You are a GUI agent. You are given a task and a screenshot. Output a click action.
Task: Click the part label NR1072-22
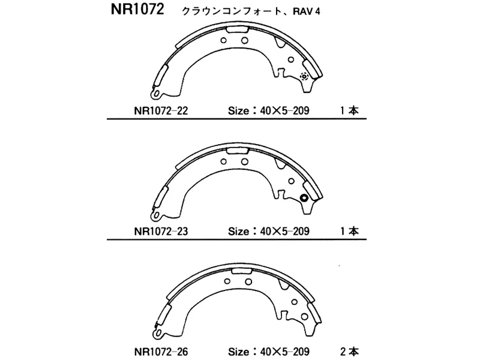click(160, 110)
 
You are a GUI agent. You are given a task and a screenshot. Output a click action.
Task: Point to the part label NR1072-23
click(160, 231)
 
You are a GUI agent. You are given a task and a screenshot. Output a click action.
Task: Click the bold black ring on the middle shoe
click(304, 199)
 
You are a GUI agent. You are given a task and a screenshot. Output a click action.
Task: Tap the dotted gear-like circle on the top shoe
click(304, 76)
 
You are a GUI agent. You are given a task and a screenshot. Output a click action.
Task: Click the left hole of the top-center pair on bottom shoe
click(227, 281)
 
